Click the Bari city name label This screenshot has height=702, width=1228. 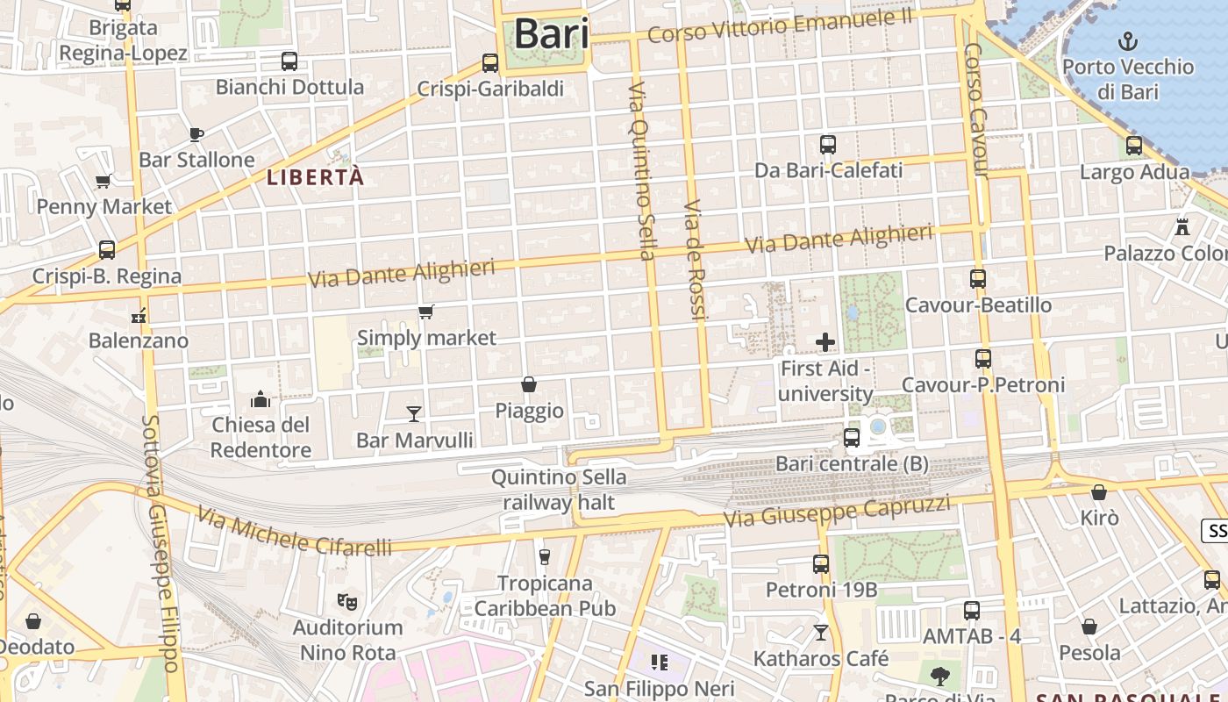coord(551,34)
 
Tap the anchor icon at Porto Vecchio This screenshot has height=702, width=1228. coord(1127,41)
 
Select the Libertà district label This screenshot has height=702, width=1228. coord(315,177)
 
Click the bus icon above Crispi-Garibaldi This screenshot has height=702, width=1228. coord(490,63)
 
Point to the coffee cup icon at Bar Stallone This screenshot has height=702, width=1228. coord(196,134)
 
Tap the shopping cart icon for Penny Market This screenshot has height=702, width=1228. coord(103,182)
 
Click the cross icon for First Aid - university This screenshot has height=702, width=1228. coord(825,342)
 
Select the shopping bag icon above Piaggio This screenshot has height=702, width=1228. coord(529,384)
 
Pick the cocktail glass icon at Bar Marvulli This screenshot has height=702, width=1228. coord(414,413)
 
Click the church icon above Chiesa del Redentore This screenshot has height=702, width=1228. coord(261,400)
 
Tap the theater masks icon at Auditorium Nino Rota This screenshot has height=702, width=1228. coord(348,602)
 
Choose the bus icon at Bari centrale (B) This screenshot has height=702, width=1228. coord(851,437)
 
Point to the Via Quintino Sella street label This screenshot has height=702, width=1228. coord(641,172)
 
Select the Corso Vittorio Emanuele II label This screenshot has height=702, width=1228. coord(780,26)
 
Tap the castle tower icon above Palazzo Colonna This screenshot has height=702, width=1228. coord(1182,227)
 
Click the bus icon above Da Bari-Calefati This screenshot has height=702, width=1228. coord(828,145)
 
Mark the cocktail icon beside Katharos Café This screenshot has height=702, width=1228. coord(821,632)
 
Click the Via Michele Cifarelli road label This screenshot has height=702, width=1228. coord(294,532)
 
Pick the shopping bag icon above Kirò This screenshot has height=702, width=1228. coord(1099,492)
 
